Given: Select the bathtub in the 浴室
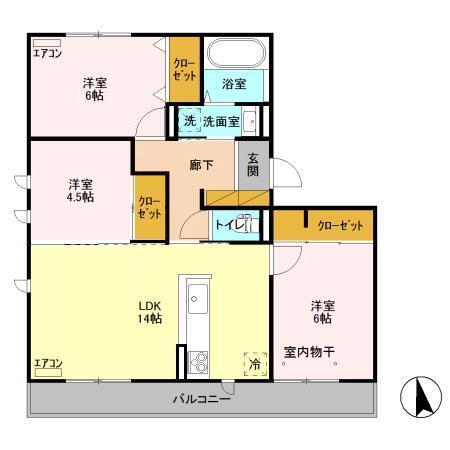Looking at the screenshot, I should [234, 52].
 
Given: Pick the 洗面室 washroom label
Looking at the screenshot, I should [220, 122].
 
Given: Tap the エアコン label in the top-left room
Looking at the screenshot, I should [47, 53].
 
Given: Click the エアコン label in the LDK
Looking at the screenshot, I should [47, 364].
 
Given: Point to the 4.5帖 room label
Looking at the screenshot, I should [81, 190].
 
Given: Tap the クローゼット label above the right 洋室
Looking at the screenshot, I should [340, 227].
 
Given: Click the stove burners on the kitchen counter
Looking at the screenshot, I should [196, 361].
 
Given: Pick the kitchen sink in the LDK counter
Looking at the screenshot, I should [196, 298].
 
